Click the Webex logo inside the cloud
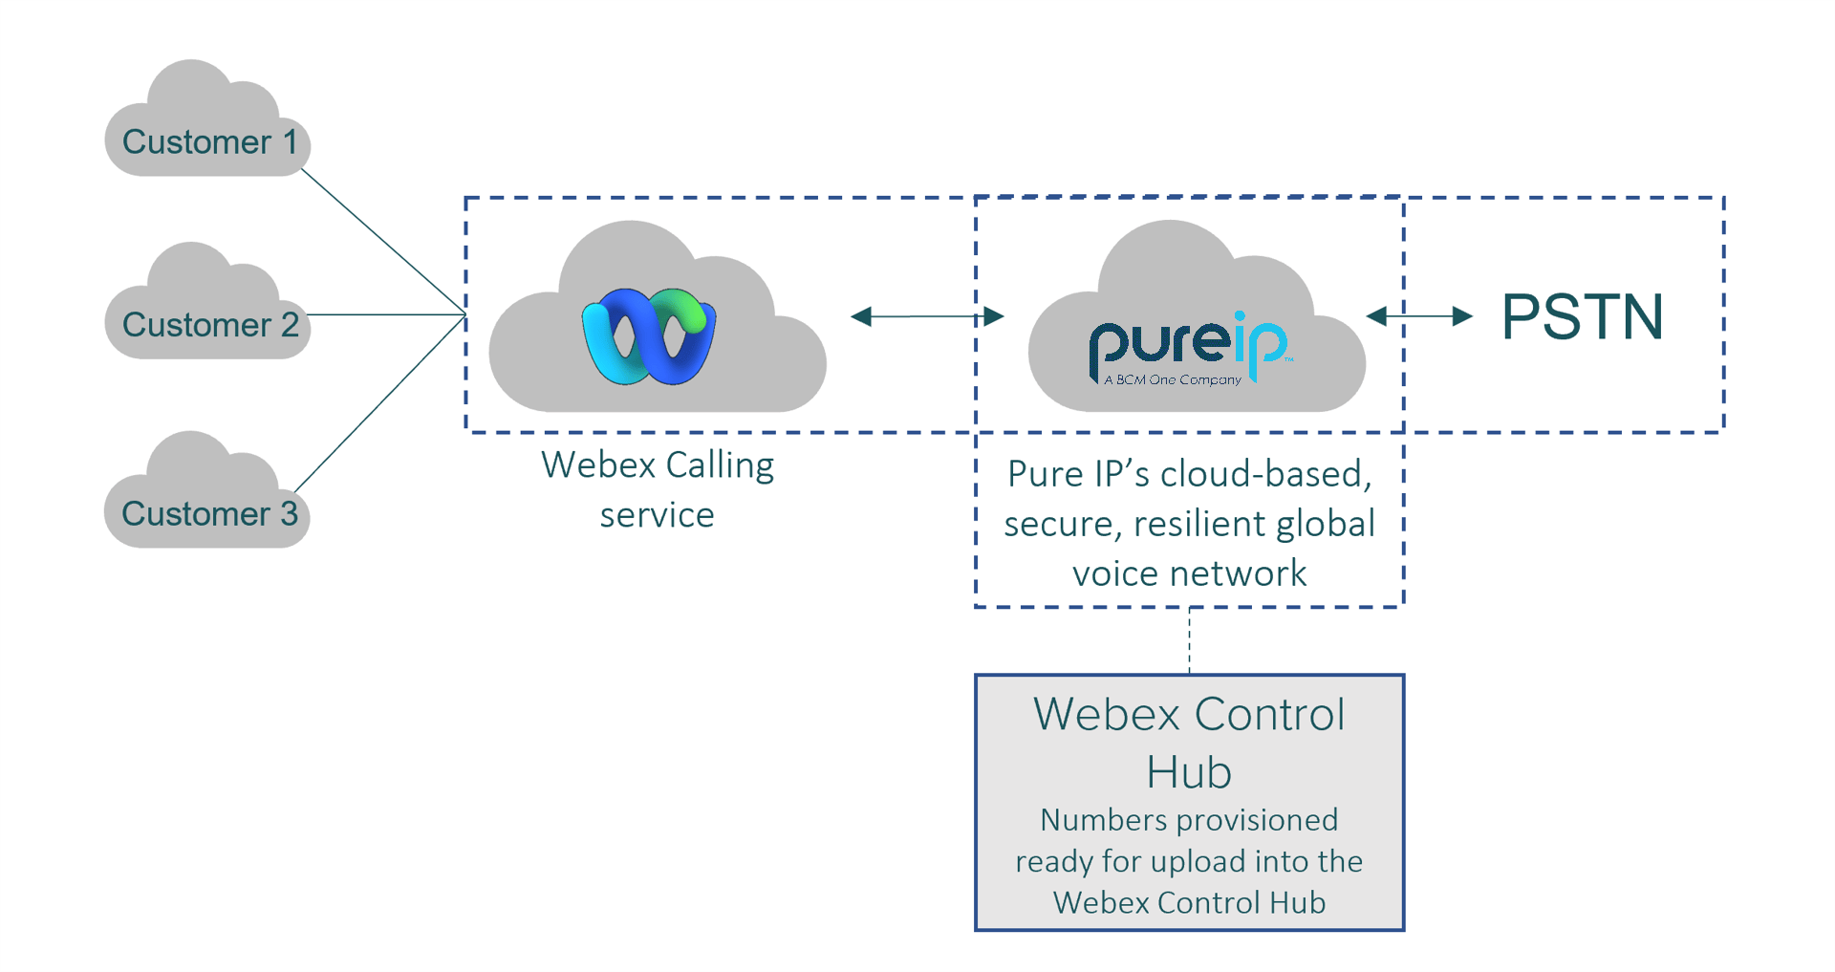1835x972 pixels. [x=649, y=336]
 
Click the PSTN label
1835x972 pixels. [x=1582, y=317]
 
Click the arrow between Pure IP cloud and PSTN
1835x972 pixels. [x=1419, y=316]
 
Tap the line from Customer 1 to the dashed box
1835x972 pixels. [x=382, y=241]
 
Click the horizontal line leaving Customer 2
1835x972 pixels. [x=387, y=314]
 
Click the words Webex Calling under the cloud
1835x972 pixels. [x=658, y=465]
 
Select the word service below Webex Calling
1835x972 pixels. [x=657, y=515]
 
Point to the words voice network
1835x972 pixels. [x=1189, y=573]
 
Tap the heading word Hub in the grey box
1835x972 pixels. [x=1189, y=772]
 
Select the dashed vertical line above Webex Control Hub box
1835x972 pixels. [x=1189, y=640]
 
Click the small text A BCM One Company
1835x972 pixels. [x=1173, y=380]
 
